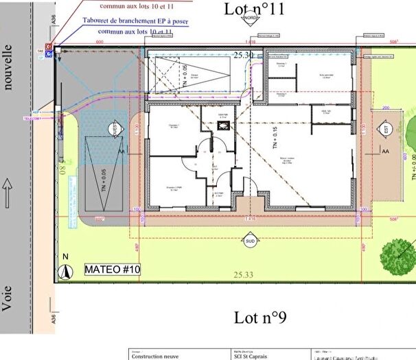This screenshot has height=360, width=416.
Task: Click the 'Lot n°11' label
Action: (254, 8)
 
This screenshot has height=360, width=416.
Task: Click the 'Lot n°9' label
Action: (259, 317)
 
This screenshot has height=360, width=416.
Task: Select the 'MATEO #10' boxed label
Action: (113, 270)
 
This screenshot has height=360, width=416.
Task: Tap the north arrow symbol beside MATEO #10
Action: (65, 270)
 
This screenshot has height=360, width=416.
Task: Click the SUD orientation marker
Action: (251, 241)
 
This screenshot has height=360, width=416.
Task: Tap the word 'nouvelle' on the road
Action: (9, 67)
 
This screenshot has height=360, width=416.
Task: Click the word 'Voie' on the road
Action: (8, 299)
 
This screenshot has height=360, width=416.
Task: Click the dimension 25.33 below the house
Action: (243, 275)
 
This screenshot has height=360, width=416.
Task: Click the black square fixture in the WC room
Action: (222, 125)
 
